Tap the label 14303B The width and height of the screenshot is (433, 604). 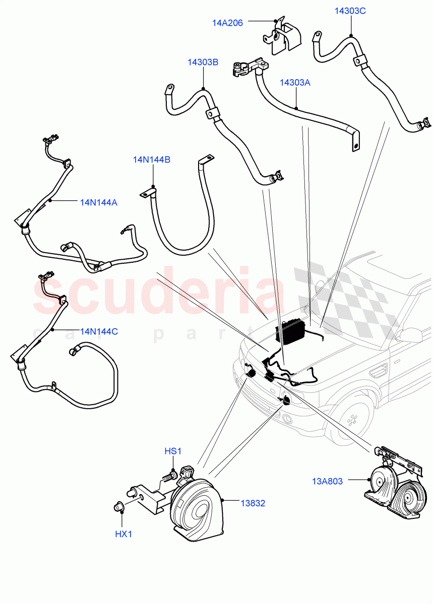(x=203, y=62)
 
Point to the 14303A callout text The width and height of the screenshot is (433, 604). (x=295, y=83)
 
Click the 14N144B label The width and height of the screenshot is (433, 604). (x=151, y=160)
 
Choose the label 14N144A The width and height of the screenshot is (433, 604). (x=98, y=202)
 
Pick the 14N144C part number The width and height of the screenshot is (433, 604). (x=99, y=332)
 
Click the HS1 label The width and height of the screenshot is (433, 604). (x=172, y=451)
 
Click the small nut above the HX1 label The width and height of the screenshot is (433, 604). (x=119, y=508)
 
